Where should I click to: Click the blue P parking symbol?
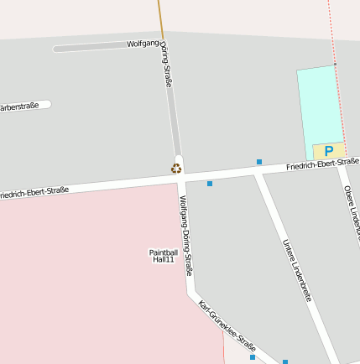click(x=329, y=152)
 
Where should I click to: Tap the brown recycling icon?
click(x=176, y=169)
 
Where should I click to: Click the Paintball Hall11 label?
click(x=163, y=256)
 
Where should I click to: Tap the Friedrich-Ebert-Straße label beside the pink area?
click(x=34, y=192)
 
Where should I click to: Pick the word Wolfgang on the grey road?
click(x=143, y=44)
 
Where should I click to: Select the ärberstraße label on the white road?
click(x=20, y=106)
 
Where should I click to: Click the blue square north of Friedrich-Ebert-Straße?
click(x=259, y=161)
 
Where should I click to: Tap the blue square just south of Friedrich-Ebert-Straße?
click(x=210, y=184)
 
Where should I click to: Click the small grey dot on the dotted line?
click(x=335, y=64)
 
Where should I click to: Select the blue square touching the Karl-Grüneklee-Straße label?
click(x=253, y=357)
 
